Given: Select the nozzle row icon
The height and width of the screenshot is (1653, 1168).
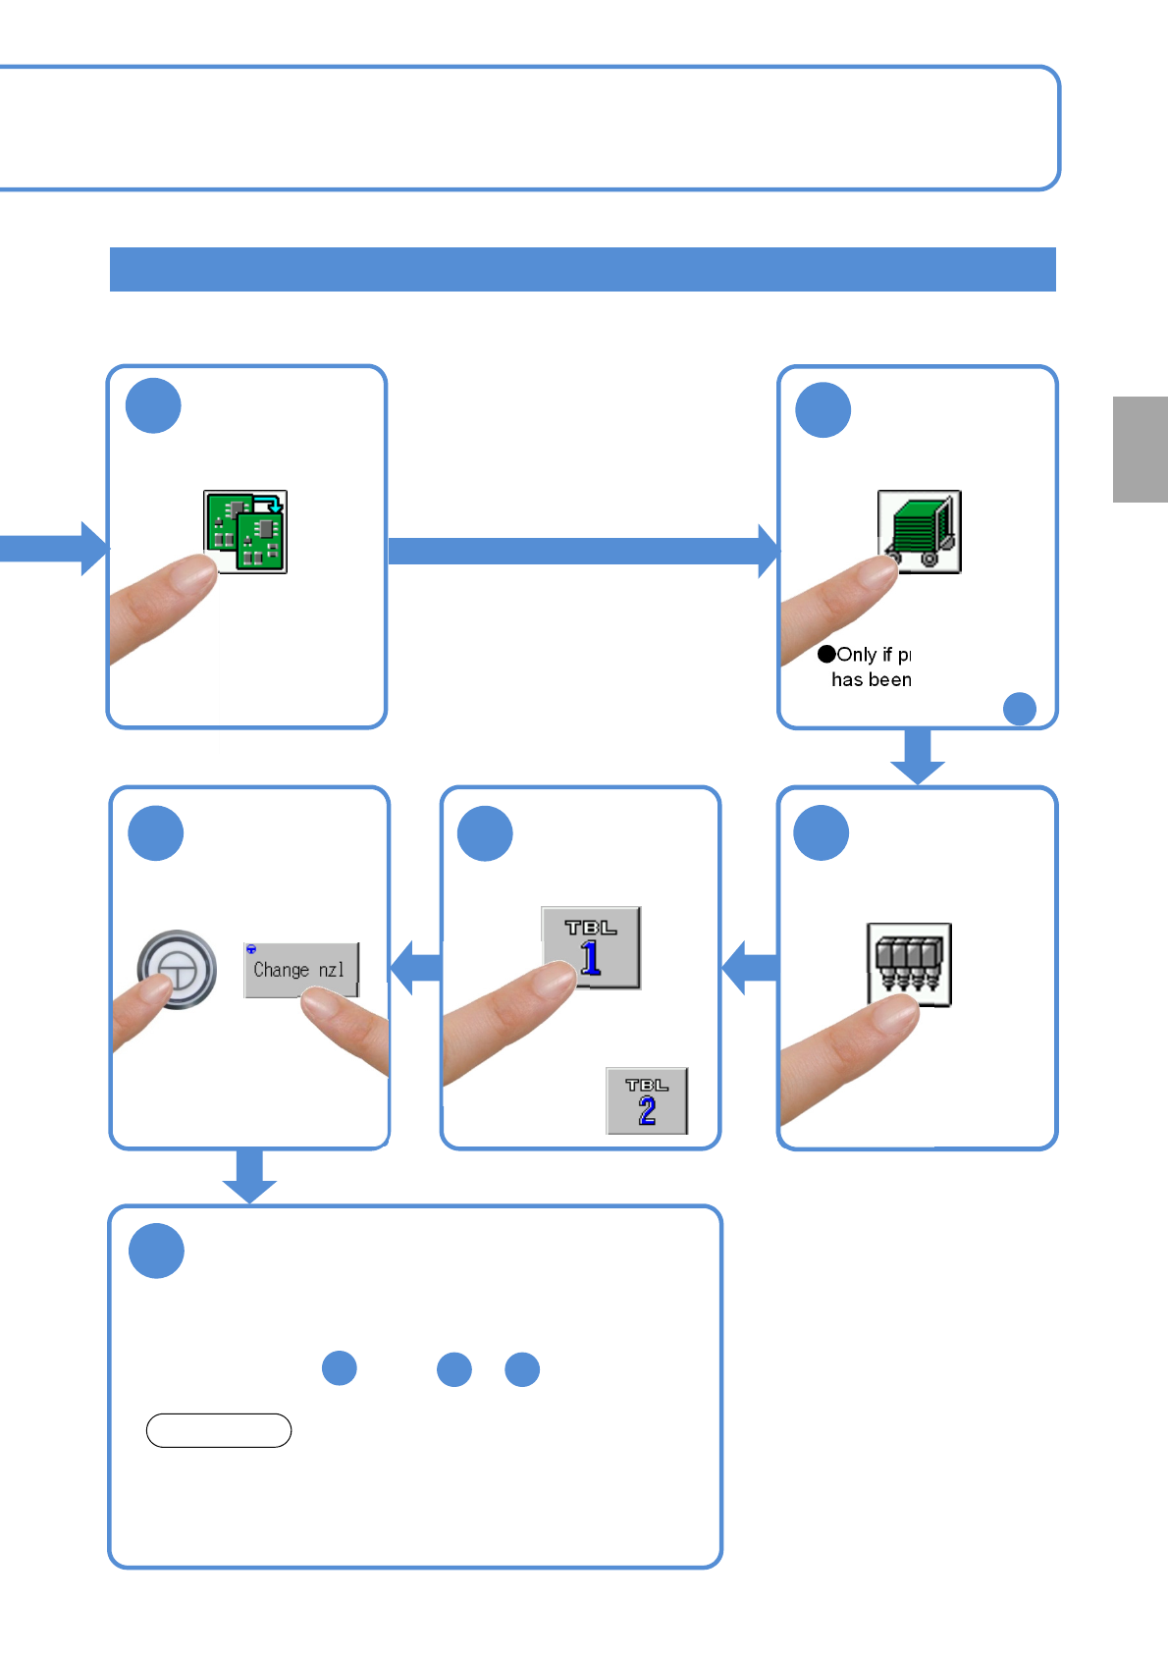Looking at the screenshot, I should [909, 963].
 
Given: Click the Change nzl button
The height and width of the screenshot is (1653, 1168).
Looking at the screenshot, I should [300, 970].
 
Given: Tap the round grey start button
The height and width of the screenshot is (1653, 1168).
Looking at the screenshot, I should [177, 969].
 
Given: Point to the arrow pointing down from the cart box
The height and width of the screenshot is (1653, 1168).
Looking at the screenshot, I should [918, 757].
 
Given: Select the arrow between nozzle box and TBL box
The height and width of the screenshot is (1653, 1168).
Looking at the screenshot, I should [751, 968].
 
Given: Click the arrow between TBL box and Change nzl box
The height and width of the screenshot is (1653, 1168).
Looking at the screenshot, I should [416, 968].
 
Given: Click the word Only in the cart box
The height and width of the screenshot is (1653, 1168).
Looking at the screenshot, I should [856, 655].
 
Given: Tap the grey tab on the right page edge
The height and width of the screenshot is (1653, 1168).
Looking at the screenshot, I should [1140, 450].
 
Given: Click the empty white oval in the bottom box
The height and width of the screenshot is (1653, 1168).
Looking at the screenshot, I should [219, 1430].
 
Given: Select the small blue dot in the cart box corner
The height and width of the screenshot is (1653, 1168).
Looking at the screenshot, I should [1020, 709].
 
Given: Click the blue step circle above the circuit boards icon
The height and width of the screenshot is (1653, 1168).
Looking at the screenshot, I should [154, 405].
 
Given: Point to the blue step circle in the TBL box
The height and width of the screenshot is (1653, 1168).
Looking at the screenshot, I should [486, 833].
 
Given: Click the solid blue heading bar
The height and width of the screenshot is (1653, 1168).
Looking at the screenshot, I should [582, 269].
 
